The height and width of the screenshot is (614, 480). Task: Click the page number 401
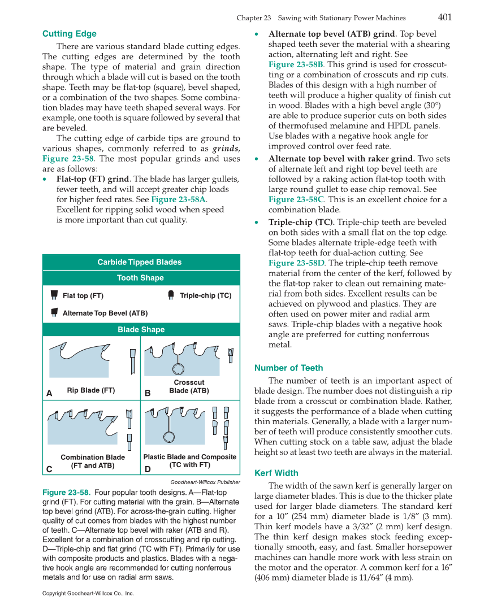[x=444, y=17]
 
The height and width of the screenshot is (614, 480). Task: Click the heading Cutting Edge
[x=70, y=34]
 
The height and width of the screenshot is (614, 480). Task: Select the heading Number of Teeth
[x=288, y=368]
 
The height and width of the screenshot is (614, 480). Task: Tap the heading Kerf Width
[x=276, y=473]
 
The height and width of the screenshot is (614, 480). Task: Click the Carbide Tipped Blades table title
[x=140, y=262]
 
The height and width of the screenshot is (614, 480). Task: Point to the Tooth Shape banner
[x=140, y=278]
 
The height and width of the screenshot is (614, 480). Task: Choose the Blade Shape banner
[x=141, y=329]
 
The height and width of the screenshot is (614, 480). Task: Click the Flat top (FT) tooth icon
[x=54, y=295]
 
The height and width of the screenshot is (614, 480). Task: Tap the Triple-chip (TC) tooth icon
[x=171, y=295]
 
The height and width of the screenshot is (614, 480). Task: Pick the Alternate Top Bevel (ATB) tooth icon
[x=54, y=312]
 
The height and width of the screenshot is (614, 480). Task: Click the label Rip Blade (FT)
[x=91, y=390]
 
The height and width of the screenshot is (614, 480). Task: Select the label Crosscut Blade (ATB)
[x=189, y=387]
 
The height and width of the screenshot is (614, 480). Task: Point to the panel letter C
[x=49, y=469]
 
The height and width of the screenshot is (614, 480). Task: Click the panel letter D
[x=148, y=469]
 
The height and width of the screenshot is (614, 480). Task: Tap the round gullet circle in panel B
[x=179, y=369]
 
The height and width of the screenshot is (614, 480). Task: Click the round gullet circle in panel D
[x=167, y=437]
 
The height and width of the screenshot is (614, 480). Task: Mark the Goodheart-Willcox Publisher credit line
[x=205, y=482]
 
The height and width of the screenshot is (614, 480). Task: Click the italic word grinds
[x=226, y=149]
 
